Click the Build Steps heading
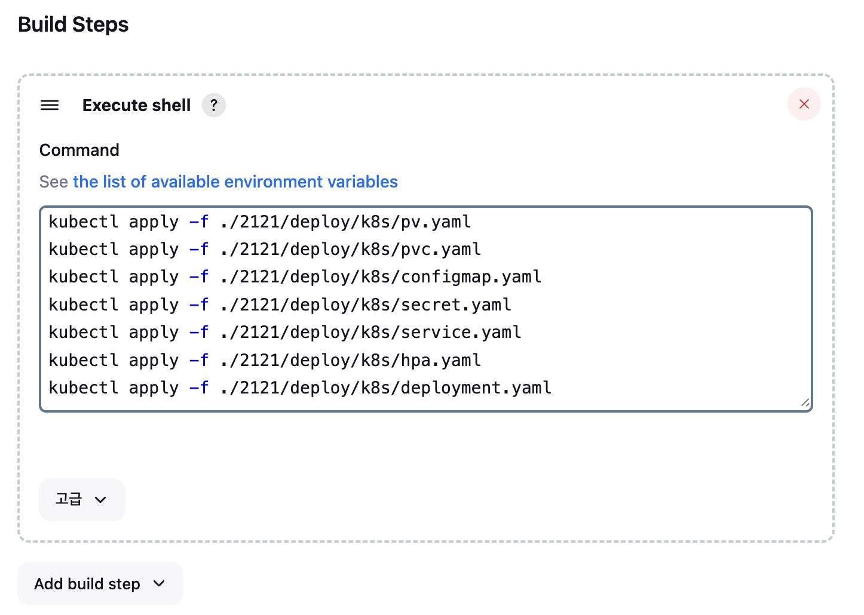(73, 24)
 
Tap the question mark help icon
(213, 105)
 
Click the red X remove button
(804, 104)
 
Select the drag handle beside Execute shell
(50, 106)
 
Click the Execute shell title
(136, 105)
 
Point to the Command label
(79, 150)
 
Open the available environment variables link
(235, 182)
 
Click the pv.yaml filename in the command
(436, 222)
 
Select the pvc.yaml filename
(440, 250)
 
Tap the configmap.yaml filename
(471, 277)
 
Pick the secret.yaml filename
(456, 305)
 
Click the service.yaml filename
(461, 333)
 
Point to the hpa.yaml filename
(440, 361)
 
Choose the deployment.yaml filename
(476, 388)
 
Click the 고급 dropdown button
(82, 499)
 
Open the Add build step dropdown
(100, 583)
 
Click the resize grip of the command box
(805, 404)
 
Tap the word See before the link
(53, 182)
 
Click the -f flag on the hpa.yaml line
(199, 361)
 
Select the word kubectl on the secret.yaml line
(83, 305)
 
